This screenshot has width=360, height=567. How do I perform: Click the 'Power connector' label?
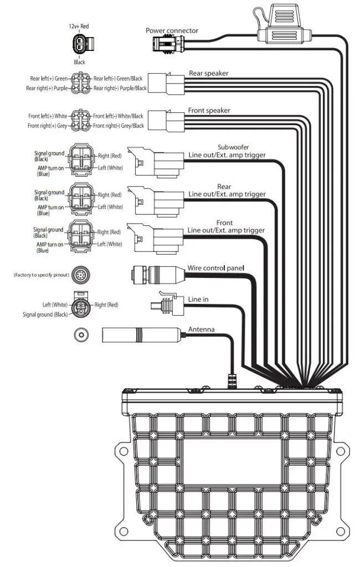(172, 30)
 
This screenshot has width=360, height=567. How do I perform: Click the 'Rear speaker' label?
(208, 73)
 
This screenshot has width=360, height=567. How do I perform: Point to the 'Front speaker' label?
(209, 110)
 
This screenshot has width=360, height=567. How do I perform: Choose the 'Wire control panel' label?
(215, 267)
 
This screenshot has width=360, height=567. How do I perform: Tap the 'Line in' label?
(198, 299)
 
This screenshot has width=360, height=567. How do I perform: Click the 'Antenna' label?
(201, 329)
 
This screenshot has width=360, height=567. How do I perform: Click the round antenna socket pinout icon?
(81, 334)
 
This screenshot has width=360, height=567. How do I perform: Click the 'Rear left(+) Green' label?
(49, 79)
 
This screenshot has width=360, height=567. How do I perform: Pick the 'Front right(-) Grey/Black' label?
(118, 126)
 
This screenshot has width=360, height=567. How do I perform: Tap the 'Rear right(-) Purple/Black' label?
(120, 88)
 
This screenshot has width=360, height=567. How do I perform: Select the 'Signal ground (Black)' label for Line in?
(45, 315)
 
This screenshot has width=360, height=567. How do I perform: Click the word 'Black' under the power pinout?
(79, 63)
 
